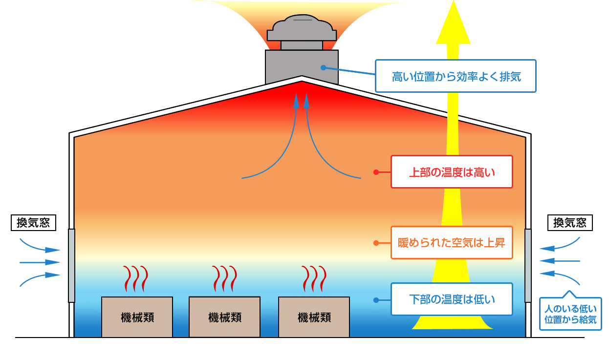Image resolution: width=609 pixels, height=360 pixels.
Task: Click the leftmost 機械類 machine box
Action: coord(137,317)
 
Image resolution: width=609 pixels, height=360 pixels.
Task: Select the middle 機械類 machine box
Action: coord(224,317)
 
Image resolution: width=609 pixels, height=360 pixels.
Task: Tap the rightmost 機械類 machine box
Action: coord(314,317)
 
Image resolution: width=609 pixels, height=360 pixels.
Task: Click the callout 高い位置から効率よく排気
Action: coord(456,76)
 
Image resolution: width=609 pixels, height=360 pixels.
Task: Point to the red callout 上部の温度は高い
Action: coord(452,172)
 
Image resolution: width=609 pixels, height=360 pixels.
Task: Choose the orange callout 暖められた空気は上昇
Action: coord(452,242)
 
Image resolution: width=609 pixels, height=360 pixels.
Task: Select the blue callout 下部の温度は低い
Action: coord(452,299)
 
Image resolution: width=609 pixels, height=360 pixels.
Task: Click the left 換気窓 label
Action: coord(33,223)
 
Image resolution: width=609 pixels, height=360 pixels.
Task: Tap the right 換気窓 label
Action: coord(570,223)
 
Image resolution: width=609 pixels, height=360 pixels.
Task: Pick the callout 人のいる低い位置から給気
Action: coord(570,314)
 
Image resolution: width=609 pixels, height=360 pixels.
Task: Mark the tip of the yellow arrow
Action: coord(454,3)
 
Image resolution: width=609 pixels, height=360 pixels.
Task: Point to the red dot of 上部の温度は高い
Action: coord(376,172)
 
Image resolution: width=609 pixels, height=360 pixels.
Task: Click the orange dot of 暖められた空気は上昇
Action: coord(376,243)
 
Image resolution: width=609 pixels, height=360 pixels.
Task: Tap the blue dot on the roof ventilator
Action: coord(323,67)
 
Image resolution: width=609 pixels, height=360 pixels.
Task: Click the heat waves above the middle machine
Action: coord(224,278)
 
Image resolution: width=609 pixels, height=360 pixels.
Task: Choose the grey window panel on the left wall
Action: coord(71,265)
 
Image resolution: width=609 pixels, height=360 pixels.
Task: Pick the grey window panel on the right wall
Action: coord(528,265)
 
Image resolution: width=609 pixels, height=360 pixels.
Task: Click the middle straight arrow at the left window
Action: coord(39,263)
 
